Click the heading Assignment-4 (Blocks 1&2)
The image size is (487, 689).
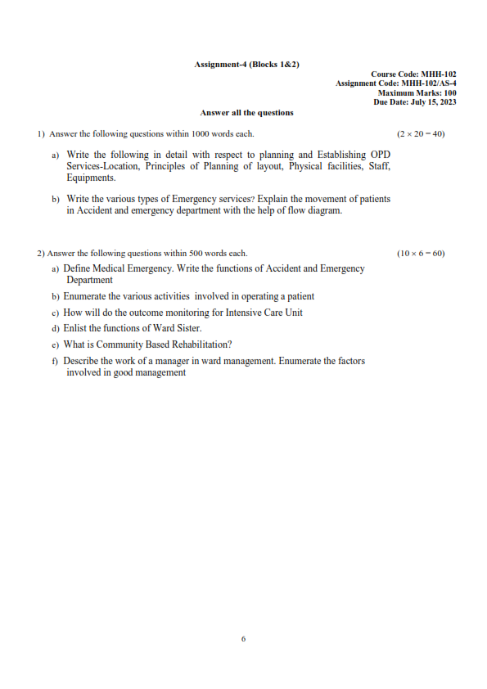point(246,64)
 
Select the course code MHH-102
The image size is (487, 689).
point(438,74)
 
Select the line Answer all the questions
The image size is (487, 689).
point(246,113)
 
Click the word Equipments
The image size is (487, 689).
point(91,178)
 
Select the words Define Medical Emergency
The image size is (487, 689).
point(117,268)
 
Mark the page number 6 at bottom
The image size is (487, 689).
point(244,639)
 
